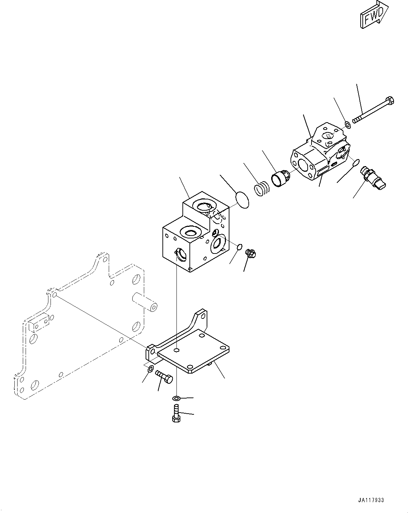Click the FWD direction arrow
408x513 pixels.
[373, 15]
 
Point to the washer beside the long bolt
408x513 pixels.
[347, 124]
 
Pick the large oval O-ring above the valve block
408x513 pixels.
[241, 199]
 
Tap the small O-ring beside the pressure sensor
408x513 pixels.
[355, 162]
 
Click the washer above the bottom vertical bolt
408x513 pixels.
[176, 398]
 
